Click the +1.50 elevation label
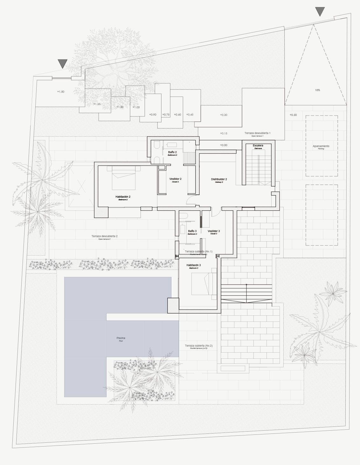click(x=61, y=92)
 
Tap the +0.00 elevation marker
click(x=224, y=145)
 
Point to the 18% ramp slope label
click(x=317, y=90)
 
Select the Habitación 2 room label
click(x=123, y=197)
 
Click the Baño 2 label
click(x=172, y=152)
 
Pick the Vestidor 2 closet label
click(x=176, y=179)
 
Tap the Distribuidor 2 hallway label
click(x=219, y=180)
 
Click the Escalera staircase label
click(x=258, y=146)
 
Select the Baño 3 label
click(x=192, y=231)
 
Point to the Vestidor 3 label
click(x=214, y=231)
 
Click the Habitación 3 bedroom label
click(x=193, y=265)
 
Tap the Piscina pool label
click(x=121, y=338)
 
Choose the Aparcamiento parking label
click(x=321, y=146)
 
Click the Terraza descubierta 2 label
click(x=104, y=236)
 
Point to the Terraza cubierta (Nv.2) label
click(x=199, y=346)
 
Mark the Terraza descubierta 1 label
click(x=258, y=133)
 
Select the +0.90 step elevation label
click(x=153, y=115)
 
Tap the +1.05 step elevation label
click(x=136, y=107)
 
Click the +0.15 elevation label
click(x=224, y=133)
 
